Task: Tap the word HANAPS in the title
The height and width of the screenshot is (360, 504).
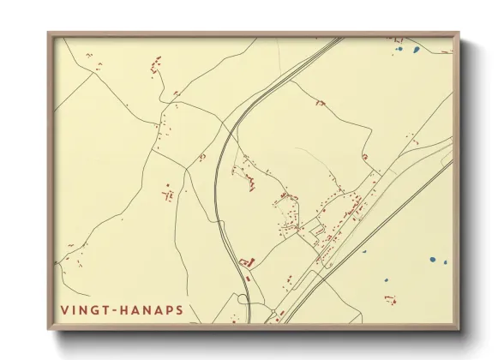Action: pos(153,309)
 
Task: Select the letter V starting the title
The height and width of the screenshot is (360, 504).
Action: pos(64,309)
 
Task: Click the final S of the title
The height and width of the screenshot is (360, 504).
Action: pos(179,309)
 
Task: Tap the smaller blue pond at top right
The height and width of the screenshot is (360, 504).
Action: pos(399,49)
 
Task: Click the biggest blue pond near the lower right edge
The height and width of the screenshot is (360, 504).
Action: pos(433,258)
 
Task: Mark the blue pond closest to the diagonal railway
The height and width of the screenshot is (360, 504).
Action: pos(363,252)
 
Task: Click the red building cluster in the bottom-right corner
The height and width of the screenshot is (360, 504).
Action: pos(392,299)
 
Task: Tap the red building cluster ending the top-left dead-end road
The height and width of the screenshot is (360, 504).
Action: pos(156,63)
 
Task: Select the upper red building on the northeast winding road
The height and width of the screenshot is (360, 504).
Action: pos(320,103)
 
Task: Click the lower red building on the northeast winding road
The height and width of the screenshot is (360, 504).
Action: pos(364,157)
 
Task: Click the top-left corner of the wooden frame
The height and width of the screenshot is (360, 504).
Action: pos(49,33)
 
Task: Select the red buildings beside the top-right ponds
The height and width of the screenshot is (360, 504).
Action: pos(397,39)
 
